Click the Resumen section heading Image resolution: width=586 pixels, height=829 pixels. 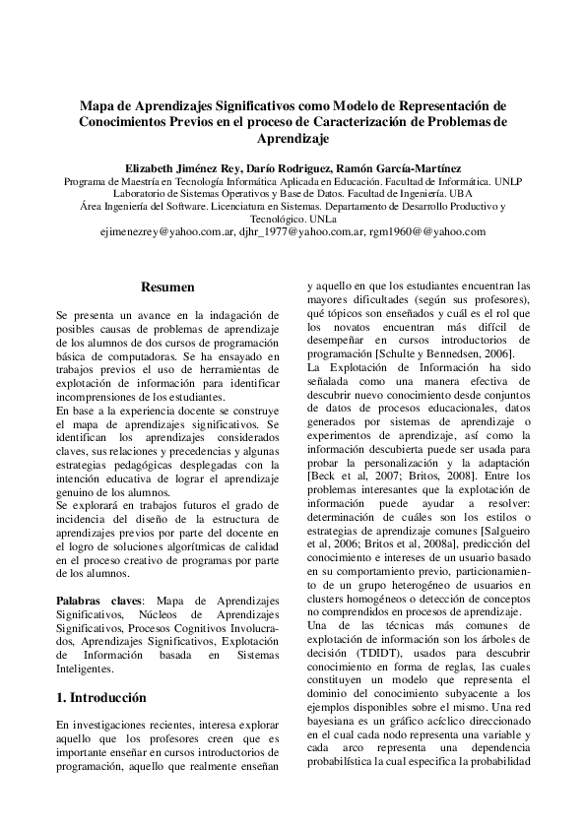coord(167,287)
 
